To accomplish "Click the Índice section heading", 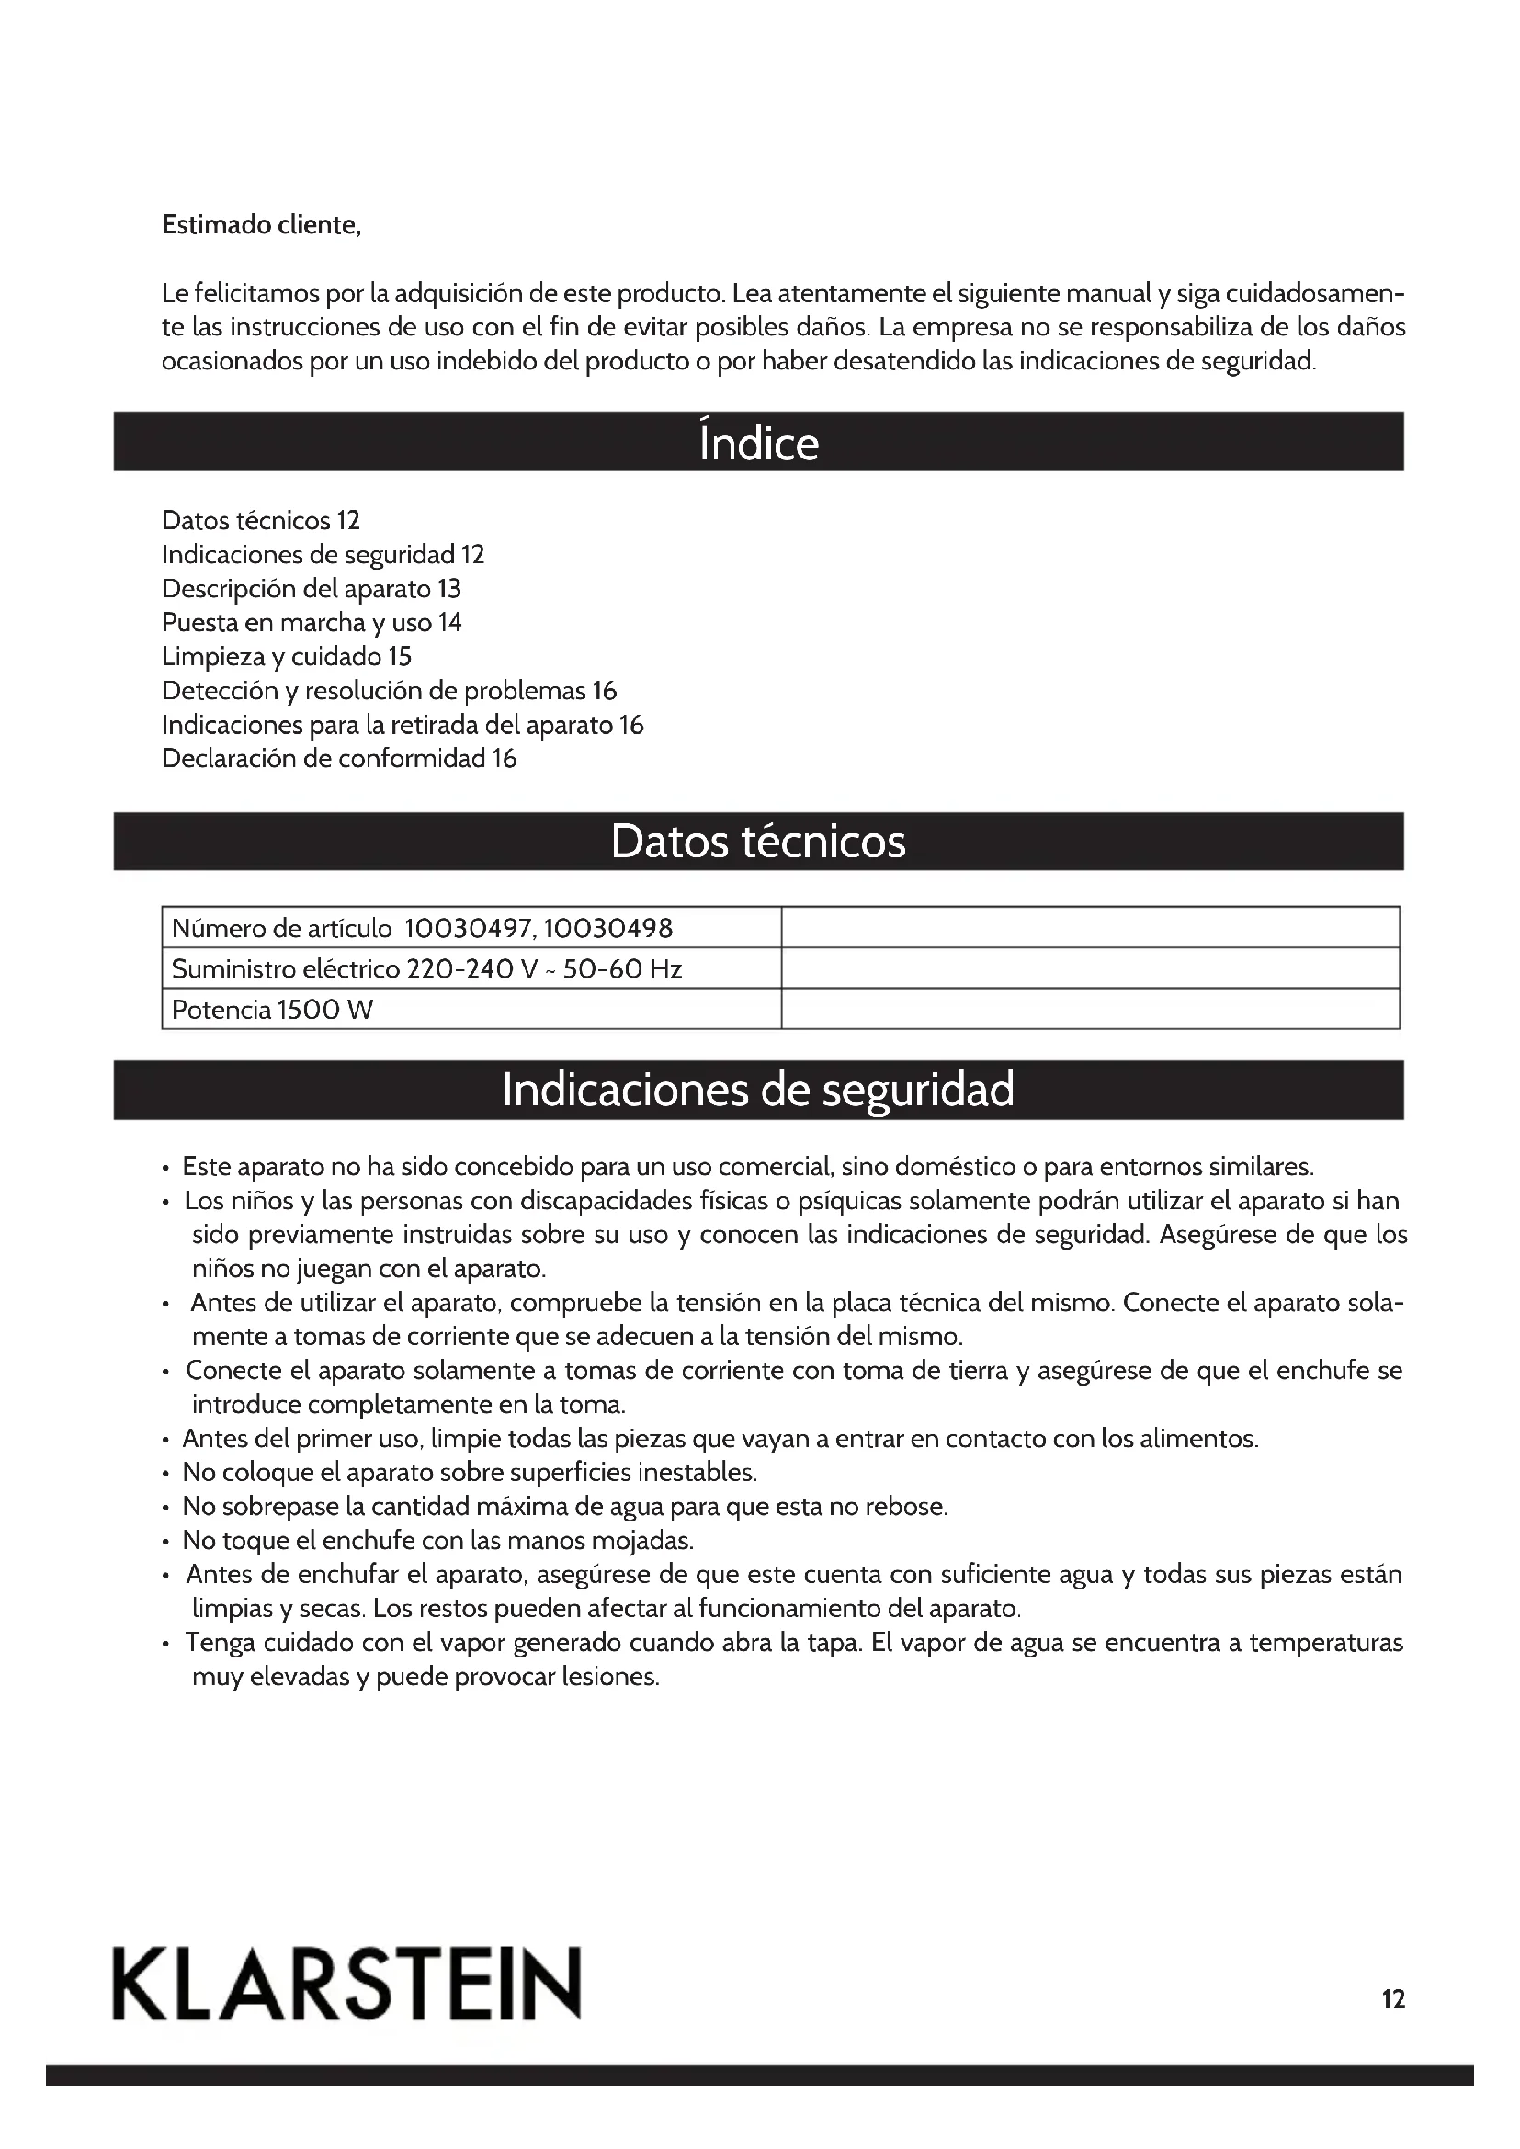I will pos(758,442).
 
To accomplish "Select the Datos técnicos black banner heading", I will pos(758,842).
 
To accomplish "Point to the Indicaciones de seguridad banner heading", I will pos(758,1090).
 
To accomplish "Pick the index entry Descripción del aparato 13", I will pos(311,589).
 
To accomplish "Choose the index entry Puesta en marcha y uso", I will pos(311,622).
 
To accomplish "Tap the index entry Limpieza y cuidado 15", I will pos(287,656).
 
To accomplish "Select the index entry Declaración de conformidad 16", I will pos(339,758).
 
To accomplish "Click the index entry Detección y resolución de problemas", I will pos(389,691).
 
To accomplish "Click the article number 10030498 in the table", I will pos(607,929).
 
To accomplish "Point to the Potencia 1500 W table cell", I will pos(272,1010).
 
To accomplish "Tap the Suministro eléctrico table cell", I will pos(426,968).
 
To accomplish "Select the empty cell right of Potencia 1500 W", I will pos(1090,1010).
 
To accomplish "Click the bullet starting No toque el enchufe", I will pos(437,1540).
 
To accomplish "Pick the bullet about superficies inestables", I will pos(469,1472).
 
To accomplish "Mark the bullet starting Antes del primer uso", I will pos(720,1439).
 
